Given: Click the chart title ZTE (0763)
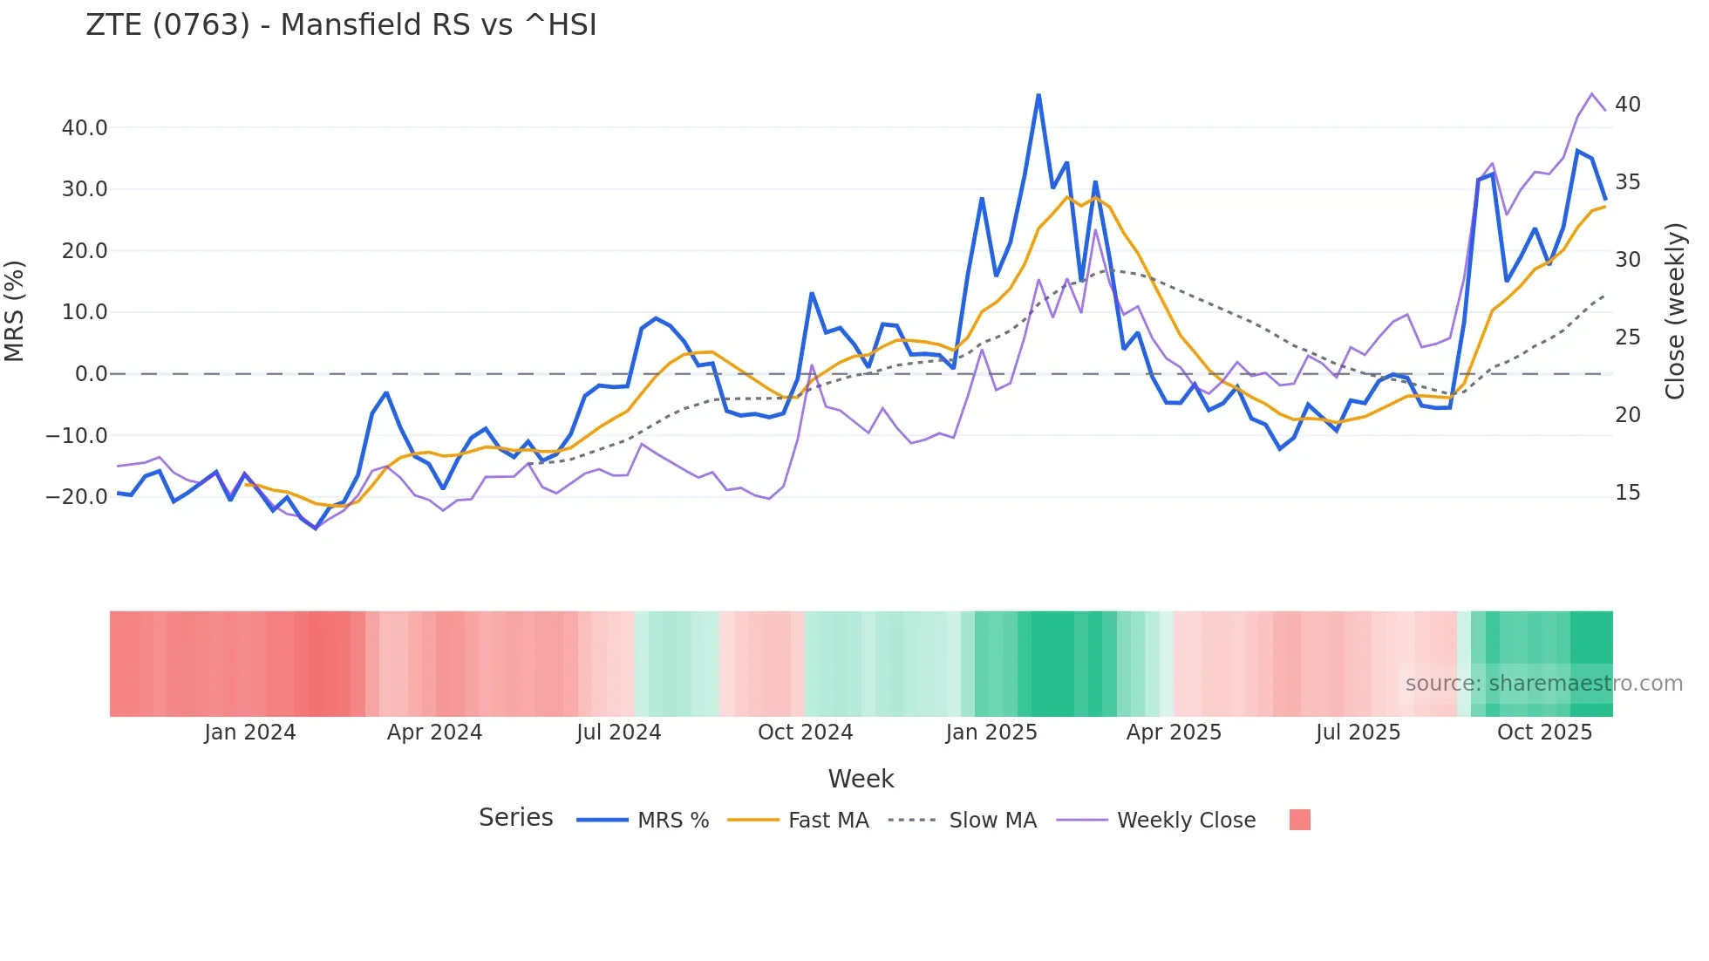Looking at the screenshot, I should [340, 25].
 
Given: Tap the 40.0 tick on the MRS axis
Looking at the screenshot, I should [85, 128].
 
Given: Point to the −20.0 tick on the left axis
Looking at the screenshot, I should [77, 497].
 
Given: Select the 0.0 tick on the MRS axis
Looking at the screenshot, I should [92, 374].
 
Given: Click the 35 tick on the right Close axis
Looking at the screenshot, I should [1627, 182].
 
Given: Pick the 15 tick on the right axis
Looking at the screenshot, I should [1627, 493].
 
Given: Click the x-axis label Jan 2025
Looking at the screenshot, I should [991, 733].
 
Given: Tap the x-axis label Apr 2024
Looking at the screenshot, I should [434, 733].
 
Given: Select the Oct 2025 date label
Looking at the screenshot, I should [1544, 733].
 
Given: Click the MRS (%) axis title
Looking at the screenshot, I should [15, 310].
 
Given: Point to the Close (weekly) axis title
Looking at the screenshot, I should [1674, 310].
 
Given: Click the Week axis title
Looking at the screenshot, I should [861, 779].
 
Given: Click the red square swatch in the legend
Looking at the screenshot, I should [1299, 820].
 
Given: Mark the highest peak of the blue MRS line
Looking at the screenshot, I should [1038, 95].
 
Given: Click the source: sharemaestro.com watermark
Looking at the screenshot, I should [1543, 684].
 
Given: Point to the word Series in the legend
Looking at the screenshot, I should [515, 818].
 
